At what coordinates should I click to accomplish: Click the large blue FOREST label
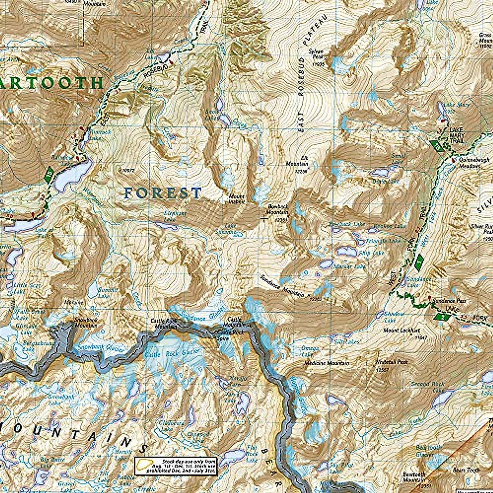[163, 193]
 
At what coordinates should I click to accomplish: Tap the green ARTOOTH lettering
[51, 83]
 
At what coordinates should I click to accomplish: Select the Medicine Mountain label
[327, 363]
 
